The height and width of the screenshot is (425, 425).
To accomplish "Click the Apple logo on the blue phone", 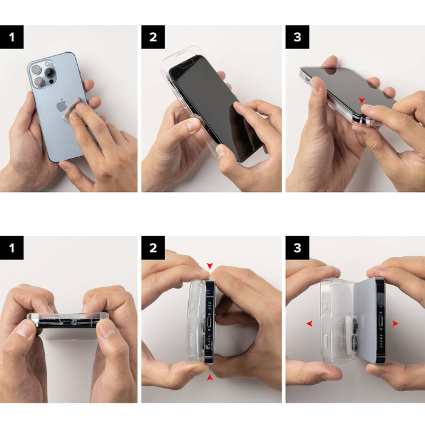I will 61,105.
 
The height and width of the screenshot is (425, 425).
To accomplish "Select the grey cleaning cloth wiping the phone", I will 80,109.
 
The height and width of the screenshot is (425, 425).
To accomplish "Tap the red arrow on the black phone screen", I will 362,100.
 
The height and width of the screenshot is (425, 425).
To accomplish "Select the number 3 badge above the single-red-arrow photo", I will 297,37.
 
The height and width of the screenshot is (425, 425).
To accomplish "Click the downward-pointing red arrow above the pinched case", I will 210,266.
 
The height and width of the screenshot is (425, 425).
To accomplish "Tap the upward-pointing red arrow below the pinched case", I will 210,377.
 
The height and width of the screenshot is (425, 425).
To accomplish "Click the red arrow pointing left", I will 309,324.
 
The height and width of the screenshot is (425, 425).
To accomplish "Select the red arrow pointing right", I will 395,324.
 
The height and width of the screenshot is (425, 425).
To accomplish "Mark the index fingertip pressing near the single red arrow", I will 368,110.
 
